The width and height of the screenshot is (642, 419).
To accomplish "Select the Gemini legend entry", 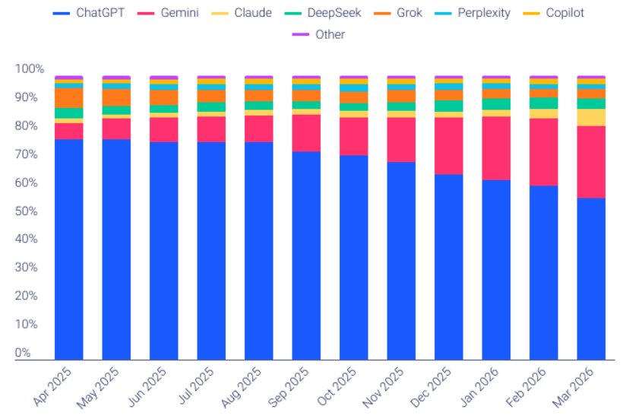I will click(173, 13).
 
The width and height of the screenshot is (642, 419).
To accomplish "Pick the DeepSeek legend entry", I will click(327, 13).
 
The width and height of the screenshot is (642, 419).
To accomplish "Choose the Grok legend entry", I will click(409, 13).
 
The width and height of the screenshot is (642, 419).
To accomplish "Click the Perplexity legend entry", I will click(476, 13).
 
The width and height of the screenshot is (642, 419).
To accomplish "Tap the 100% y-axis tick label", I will click(29, 68).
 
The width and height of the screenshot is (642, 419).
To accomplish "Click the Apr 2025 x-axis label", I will click(53, 386).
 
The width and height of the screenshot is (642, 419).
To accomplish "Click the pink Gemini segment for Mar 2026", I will click(591, 162).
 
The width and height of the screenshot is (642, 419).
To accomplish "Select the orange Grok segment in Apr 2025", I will click(69, 97).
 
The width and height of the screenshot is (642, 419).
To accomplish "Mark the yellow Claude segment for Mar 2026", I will click(591, 117).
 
